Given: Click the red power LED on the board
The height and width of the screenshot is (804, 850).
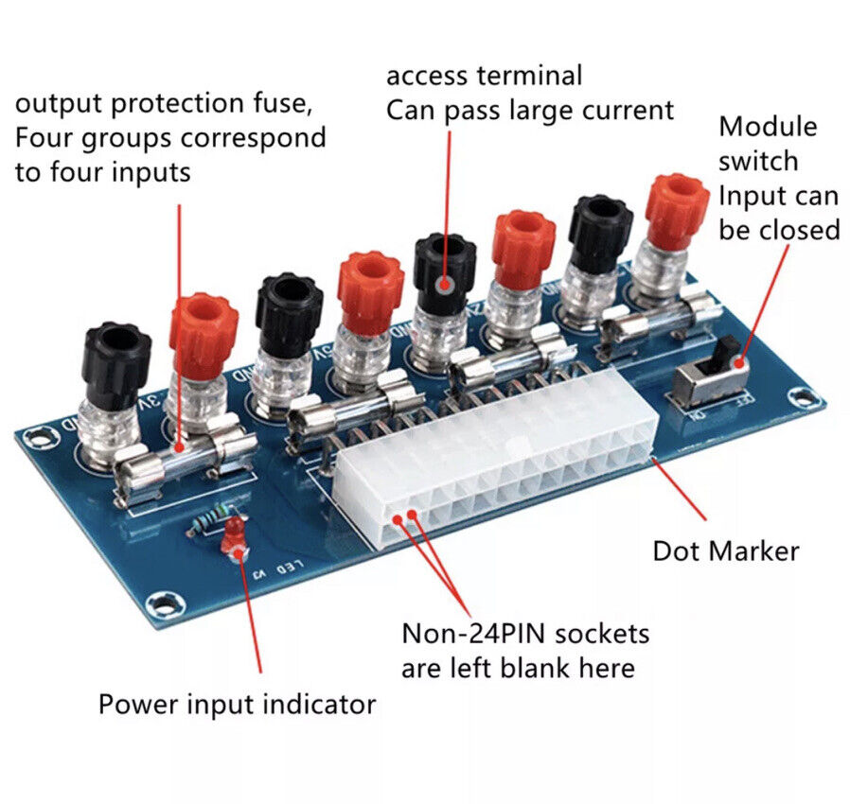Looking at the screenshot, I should tap(231, 538).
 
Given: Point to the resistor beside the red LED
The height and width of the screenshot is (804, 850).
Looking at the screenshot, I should tap(208, 519).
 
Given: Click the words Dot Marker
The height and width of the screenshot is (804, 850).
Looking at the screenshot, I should tap(725, 551).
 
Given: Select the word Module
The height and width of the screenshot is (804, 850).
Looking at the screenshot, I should tap(768, 127).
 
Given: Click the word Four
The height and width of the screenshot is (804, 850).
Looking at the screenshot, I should tap(44, 137).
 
